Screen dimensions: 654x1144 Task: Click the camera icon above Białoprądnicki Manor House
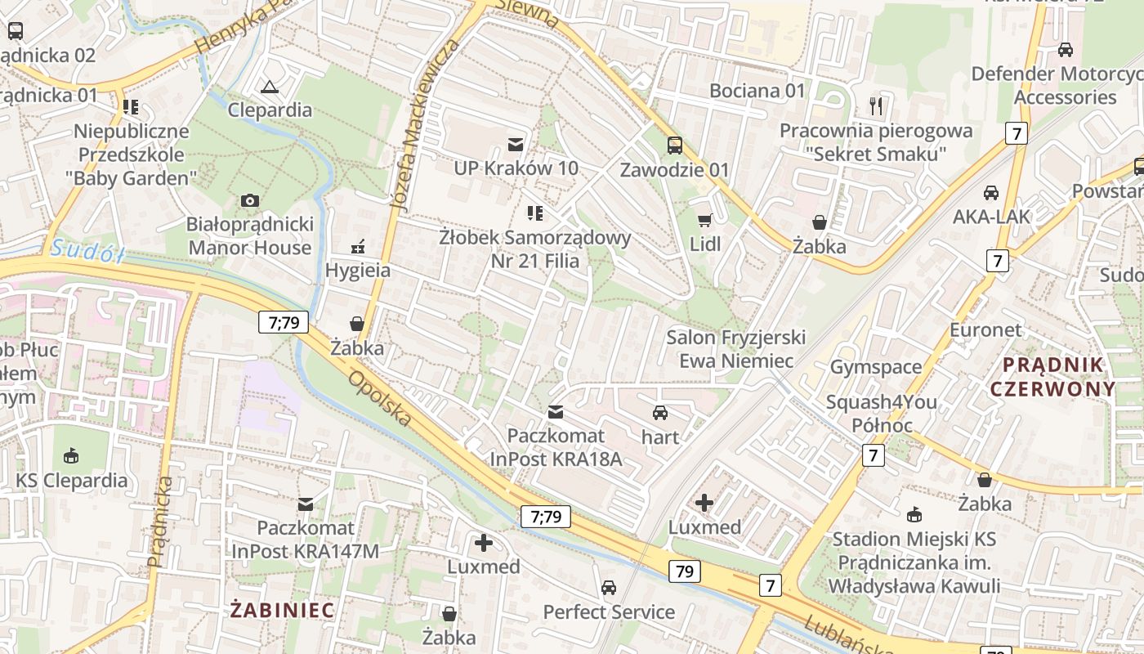(250, 200)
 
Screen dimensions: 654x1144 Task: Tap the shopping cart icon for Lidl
(704, 219)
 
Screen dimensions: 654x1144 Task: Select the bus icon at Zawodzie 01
(674, 146)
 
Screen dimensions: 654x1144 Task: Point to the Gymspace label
(876, 367)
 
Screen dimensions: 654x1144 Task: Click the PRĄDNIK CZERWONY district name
(1052, 376)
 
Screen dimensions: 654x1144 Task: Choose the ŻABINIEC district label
(283, 610)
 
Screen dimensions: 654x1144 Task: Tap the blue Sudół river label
(86, 250)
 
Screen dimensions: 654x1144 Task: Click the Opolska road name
(380, 399)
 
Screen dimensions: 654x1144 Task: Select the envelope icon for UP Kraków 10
(516, 145)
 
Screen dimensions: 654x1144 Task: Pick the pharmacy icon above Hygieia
(357, 246)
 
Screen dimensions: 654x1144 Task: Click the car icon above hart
(660, 413)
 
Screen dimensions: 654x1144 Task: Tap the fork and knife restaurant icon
(877, 105)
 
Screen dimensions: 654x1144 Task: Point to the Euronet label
(985, 329)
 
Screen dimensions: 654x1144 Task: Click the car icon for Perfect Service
(609, 588)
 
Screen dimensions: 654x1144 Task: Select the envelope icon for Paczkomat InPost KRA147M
(306, 504)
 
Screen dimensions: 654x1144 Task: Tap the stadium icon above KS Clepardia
(71, 456)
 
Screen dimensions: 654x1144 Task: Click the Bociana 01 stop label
(757, 91)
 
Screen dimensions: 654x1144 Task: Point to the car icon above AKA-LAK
(990, 193)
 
